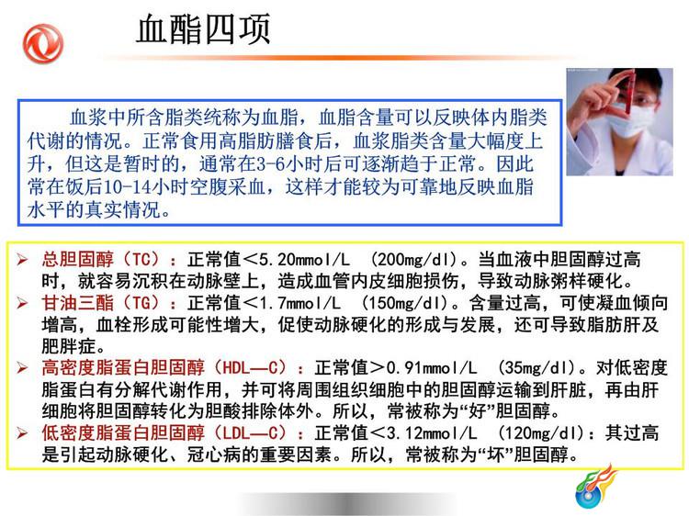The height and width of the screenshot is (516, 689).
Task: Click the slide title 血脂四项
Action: [x=203, y=29]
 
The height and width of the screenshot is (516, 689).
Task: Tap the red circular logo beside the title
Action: [x=43, y=43]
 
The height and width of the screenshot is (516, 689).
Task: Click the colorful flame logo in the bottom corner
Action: [x=595, y=486]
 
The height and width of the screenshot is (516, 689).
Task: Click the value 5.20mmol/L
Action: [x=304, y=260]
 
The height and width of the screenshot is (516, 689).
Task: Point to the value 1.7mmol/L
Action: [x=299, y=303]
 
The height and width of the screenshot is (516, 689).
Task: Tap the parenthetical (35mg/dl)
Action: [x=537, y=368]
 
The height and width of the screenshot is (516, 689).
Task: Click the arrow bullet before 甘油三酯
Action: [x=22, y=303]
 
